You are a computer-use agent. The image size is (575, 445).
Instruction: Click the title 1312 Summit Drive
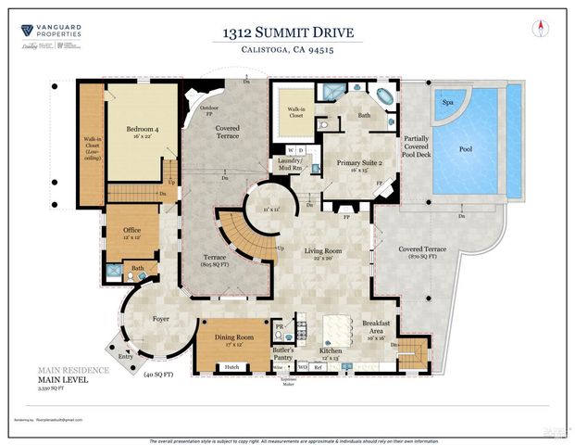(287, 34)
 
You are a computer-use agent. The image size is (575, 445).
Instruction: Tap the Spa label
(448, 103)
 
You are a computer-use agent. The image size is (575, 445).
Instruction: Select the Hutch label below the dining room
(232, 368)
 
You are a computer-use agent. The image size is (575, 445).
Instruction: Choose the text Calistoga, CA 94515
(287, 53)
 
